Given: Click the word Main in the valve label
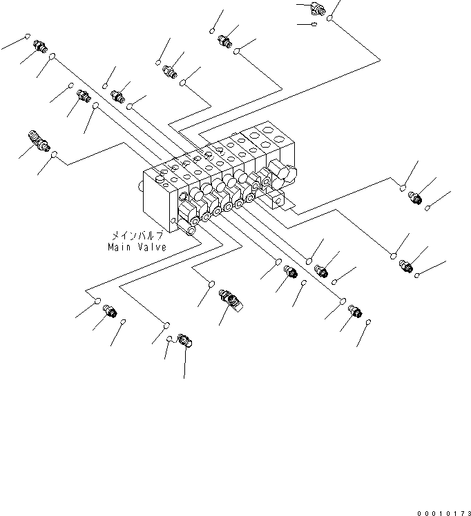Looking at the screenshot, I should click(119, 246).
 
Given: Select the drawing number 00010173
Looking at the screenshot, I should click(443, 513).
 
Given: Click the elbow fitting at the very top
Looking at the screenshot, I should click(318, 9).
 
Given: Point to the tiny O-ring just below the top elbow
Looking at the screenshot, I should click(315, 25).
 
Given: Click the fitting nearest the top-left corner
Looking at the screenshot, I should click(40, 46).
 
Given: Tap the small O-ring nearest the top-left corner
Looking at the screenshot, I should click(28, 37).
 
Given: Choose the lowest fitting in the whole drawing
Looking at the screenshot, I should click(185, 339).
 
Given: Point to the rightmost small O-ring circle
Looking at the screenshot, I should click(428, 207).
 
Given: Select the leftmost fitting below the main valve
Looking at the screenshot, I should click(109, 312).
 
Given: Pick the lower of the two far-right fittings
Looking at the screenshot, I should click(405, 265).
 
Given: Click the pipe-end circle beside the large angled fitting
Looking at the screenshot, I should click(55, 155).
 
